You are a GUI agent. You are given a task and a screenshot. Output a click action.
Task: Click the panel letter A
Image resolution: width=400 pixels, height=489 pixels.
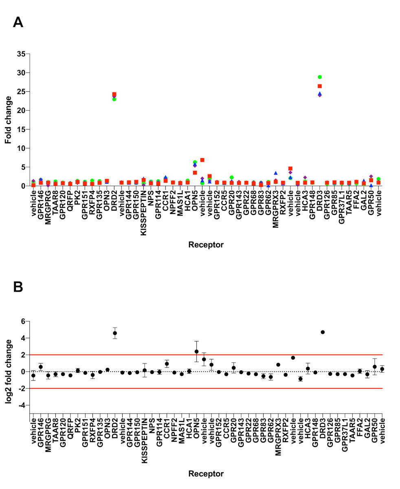click(x=18, y=22)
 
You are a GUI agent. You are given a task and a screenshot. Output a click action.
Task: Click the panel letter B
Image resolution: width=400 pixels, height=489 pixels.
click(x=18, y=286)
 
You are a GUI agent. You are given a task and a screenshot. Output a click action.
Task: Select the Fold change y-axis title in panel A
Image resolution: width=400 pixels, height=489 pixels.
click(x=8, y=119)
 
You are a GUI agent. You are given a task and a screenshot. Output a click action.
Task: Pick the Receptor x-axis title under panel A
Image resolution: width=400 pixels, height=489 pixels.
click(x=206, y=244)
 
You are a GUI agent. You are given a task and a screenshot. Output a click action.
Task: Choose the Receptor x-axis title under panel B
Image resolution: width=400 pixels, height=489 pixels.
click(x=206, y=474)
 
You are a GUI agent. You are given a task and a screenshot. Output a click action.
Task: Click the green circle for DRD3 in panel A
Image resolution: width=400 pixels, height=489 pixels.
click(x=320, y=77)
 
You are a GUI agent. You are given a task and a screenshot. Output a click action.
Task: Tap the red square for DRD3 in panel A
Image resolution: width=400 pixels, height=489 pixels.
click(x=320, y=86)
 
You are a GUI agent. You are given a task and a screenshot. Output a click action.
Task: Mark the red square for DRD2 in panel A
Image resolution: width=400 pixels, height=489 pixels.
click(x=114, y=95)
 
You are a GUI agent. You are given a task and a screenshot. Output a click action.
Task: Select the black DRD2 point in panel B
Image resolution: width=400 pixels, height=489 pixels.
click(x=115, y=333)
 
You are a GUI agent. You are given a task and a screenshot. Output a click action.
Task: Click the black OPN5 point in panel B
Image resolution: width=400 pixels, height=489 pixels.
click(x=196, y=351)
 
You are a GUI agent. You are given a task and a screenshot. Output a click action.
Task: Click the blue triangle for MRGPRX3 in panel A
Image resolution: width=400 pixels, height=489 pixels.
click(x=276, y=173)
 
